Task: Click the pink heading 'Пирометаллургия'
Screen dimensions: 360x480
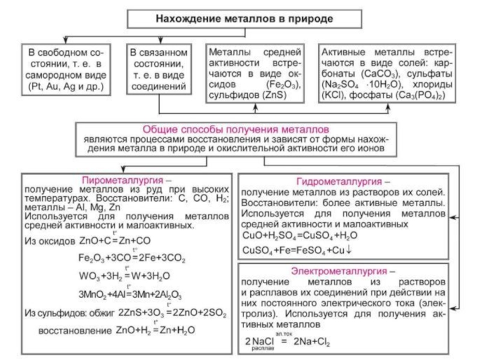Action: point(122,180)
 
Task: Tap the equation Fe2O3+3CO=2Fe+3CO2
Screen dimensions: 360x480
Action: point(131,259)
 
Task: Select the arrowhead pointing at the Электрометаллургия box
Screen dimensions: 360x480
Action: point(453,306)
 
